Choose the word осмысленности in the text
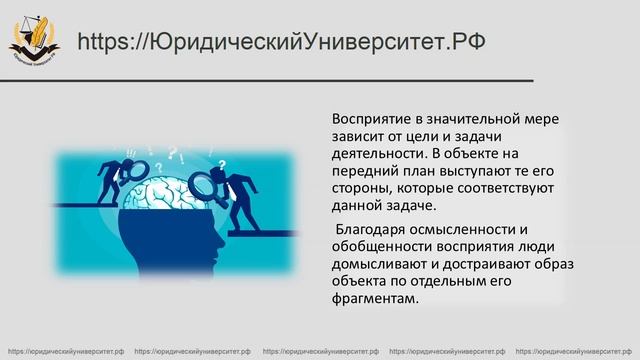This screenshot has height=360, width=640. coord(465,229)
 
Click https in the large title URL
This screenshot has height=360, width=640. coord(104,41)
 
